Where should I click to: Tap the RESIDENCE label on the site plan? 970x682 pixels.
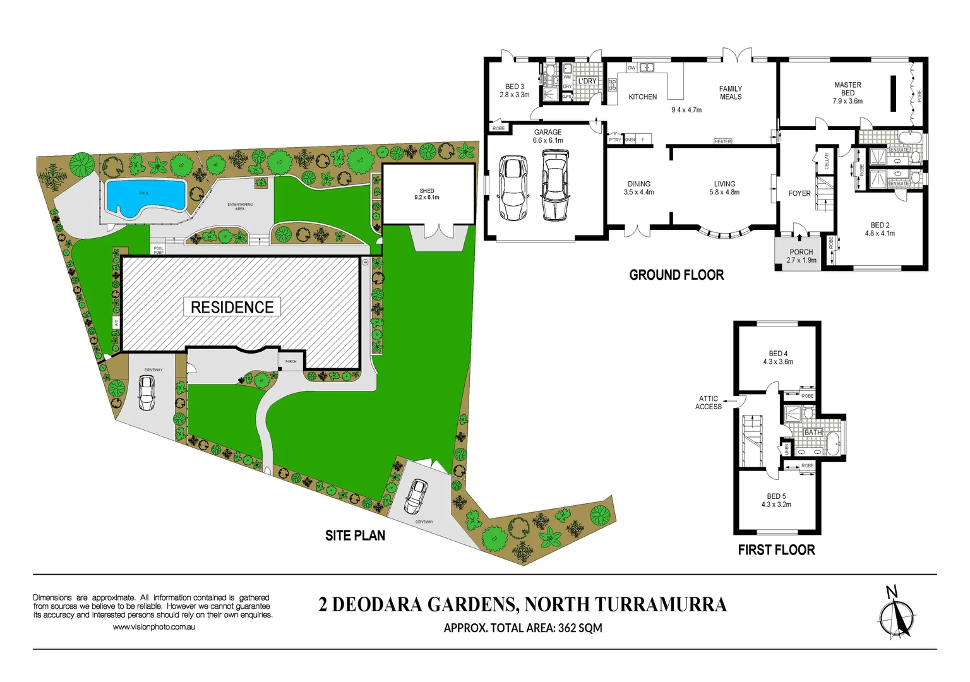[232, 308]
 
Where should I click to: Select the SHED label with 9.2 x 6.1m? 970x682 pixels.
[427, 194]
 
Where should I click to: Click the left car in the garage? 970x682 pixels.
[513, 188]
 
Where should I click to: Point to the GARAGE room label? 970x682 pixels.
[548, 136]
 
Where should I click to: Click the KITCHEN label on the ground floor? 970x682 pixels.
[642, 97]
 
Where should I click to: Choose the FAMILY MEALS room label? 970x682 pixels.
[730, 93]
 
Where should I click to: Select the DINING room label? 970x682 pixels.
[638, 188]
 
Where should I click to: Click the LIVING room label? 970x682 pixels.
[724, 188]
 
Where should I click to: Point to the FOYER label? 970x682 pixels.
[799, 194]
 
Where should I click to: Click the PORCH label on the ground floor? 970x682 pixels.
[801, 256]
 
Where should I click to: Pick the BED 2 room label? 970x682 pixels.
[880, 229]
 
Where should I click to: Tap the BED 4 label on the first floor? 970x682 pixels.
[778, 358]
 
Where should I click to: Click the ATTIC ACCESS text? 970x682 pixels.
[709, 403]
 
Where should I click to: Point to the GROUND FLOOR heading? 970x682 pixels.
[676, 275]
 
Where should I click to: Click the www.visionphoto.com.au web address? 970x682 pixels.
[154, 627]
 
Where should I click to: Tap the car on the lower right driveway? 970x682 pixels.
[416, 496]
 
